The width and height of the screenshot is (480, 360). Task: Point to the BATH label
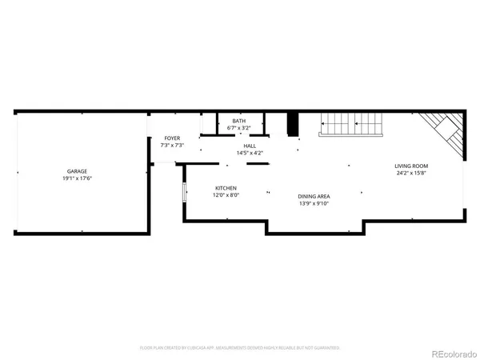pyautogui.click(x=238, y=121)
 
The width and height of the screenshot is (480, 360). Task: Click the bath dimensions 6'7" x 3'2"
pyautogui.click(x=238, y=127)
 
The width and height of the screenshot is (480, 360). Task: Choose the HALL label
pyautogui.click(x=250, y=146)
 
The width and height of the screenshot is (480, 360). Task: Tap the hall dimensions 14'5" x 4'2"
pyautogui.click(x=250, y=152)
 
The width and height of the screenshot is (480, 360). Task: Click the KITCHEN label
pyautogui.click(x=226, y=188)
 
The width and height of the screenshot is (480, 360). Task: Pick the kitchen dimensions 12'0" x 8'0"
pyautogui.click(x=226, y=194)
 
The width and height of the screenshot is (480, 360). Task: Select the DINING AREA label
pyautogui.click(x=314, y=196)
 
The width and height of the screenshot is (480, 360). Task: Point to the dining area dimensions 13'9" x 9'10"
pyautogui.click(x=314, y=202)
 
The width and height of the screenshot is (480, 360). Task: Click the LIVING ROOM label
pyautogui.click(x=410, y=166)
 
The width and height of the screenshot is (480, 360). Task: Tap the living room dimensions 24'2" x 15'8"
pyautogui.click(x=410, y=173)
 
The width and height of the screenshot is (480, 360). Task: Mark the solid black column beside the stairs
pyautogui.click(x=293, y=124)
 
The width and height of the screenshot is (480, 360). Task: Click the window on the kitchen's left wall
pyautogui.click(x=185, y=194)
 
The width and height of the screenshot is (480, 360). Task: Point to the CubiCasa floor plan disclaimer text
pyautogui.click(x=240, y=348)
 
